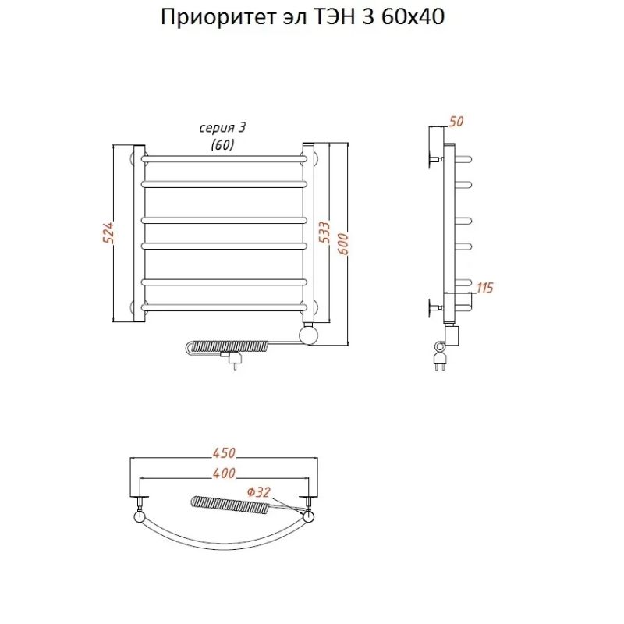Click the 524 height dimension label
(110, 233)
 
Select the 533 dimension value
(323, 233)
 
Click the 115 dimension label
(484, 288)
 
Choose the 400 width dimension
(223, 473)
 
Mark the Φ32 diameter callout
(258, 491)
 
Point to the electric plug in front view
(232, 360)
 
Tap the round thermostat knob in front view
(310, 335)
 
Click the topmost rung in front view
(223, 158)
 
